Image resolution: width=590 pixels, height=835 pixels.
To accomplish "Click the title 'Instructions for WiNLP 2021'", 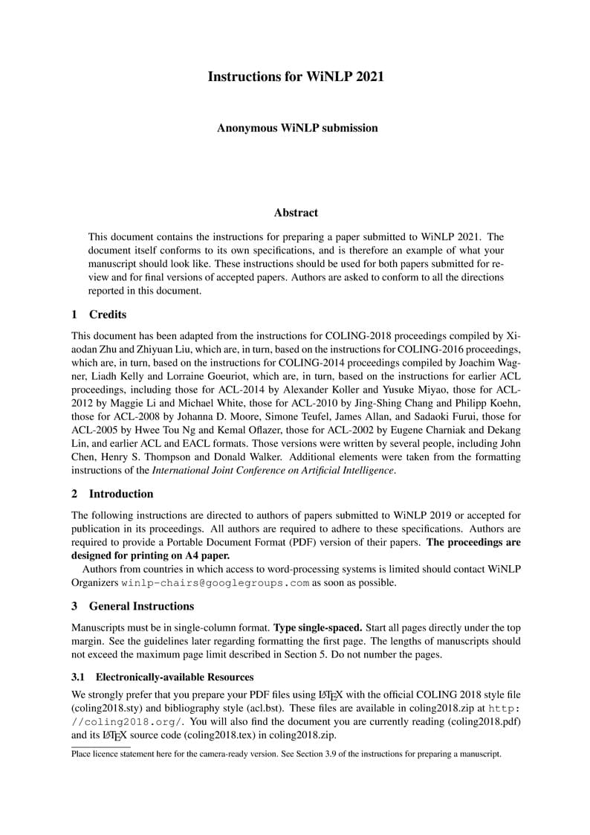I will (x=295, y=77).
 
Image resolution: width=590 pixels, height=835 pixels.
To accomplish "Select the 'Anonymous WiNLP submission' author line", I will (x=297, y=128).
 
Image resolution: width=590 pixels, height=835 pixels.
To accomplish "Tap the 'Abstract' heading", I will (x=296, y=213).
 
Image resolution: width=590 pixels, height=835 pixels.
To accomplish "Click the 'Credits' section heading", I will (x=108, y=315).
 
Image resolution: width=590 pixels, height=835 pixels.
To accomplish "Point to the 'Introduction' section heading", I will (x=121, y=494).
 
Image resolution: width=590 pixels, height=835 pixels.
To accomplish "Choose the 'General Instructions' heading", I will (x=141, y=606).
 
